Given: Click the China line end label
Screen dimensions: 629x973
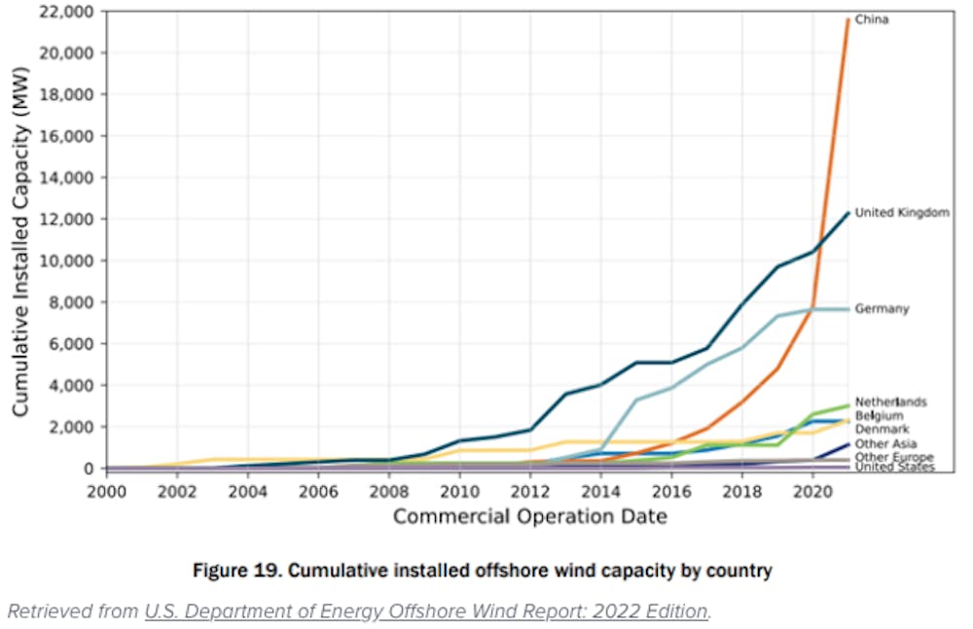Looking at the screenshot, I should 871,18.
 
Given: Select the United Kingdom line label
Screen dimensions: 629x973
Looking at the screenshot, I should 901,212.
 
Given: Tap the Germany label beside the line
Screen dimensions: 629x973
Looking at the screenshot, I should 882,308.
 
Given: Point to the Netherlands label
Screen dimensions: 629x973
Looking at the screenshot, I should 890,402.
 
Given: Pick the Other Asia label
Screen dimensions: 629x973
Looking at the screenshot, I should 884,443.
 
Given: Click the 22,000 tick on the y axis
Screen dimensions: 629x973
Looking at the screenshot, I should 67,12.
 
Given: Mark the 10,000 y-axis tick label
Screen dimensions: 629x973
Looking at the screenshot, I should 67,261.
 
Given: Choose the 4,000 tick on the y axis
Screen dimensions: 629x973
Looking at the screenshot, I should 71,385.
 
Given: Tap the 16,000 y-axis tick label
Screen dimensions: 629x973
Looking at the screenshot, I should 67,136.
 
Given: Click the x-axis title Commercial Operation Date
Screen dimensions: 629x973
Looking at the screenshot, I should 529,516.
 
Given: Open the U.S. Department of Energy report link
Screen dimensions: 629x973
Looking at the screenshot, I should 426,611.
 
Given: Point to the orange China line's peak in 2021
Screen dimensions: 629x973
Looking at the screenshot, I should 847,19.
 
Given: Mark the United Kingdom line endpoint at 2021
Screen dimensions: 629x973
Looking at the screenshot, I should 847,213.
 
